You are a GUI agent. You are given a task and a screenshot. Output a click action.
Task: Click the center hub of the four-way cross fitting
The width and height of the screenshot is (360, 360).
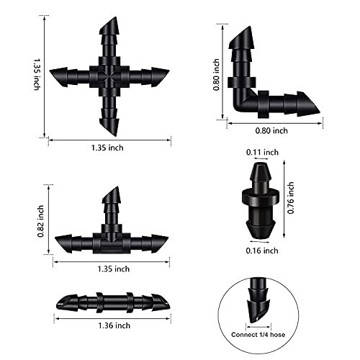(109, 76)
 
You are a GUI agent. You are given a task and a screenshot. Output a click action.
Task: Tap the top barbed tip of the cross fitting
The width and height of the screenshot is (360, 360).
(109, 29)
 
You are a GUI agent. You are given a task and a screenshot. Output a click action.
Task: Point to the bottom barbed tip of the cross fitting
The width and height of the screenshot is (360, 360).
(109, 125)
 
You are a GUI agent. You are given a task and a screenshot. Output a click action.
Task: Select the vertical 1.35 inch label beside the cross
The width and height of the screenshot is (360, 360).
(36, 74)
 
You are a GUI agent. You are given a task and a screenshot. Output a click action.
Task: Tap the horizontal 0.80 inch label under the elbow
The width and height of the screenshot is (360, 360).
(271, 130)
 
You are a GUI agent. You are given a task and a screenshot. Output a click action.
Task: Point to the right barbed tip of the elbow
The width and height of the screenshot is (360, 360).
(310, 104)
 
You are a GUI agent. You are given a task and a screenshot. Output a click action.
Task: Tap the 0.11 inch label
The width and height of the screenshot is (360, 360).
(261, 153)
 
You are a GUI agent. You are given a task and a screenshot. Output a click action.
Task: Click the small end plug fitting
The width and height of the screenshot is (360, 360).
(260, 202)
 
